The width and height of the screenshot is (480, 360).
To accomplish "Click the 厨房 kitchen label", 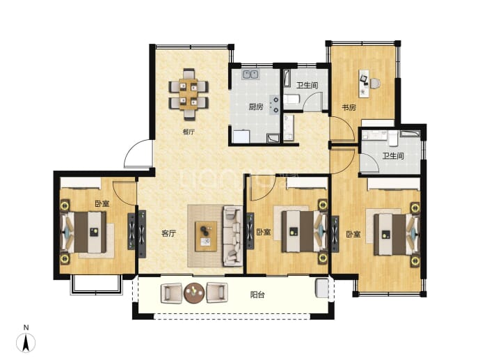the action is click(x=255, y=107).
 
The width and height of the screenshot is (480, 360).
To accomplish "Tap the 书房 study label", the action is click(x=349, y=107).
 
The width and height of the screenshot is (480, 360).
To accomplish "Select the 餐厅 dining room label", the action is click(x=189, y=132).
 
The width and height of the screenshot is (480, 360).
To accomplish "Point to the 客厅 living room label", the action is click(x=168, y=233).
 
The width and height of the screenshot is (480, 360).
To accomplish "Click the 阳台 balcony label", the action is click(x=257, y=295).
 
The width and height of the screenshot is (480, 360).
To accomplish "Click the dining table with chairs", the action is click(x=189, y=94).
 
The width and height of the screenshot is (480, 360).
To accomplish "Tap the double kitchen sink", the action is click(x=250, y=75).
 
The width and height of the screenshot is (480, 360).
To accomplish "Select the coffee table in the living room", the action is click(x=206, y=236).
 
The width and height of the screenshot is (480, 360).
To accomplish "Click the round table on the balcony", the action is click(x=194, y=293).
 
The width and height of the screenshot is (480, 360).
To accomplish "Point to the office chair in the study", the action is click(x=376, y=84).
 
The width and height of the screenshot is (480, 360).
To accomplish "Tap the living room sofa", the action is click(x=233, y=236).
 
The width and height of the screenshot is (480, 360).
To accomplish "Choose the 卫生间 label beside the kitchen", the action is click(x=307, y=85).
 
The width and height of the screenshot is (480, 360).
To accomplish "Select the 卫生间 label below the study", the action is click(x=393, y=156).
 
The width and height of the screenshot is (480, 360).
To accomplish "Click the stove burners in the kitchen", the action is click(x=273, y=104).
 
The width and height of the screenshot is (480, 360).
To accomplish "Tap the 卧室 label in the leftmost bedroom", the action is click(x=102, y=204).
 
